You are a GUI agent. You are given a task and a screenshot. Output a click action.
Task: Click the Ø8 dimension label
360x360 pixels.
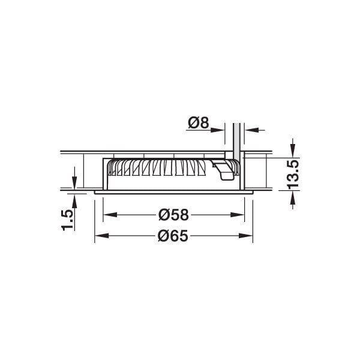(197, 123)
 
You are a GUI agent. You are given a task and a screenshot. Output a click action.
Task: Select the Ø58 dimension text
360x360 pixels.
(173, 214)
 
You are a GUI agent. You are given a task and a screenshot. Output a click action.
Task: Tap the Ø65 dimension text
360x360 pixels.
(173, 236)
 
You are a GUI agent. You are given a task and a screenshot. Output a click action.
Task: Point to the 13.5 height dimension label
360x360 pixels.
(293, 175)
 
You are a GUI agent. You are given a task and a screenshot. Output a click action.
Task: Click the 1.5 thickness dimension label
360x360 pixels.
(68, 220)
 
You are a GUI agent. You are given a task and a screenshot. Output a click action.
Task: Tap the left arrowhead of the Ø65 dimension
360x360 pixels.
(99, 236)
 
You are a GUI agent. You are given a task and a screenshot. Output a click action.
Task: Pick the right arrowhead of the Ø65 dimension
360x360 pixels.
(248, 236)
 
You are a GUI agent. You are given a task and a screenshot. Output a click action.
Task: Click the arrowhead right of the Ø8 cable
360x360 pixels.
(247, 128)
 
